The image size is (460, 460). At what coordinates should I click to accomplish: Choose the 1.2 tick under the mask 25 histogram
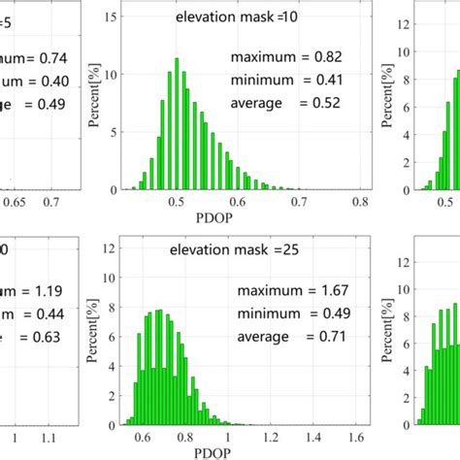276,437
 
